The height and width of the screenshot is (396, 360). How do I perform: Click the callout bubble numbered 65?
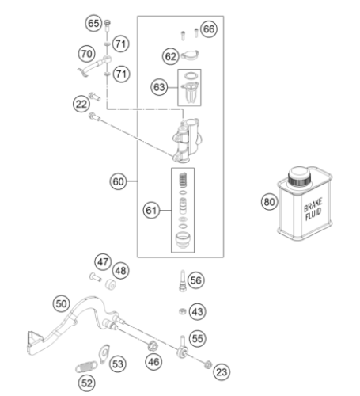(93, 23)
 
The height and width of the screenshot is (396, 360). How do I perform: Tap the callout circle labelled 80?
(269, 202)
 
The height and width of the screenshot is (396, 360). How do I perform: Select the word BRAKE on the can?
(313, 205)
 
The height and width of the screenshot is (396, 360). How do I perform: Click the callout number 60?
(118, 181)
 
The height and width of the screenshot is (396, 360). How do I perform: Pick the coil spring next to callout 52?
(86, 367)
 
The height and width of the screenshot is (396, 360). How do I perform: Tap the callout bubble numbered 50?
(62, 303)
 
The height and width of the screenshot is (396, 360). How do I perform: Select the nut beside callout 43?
(182, 311)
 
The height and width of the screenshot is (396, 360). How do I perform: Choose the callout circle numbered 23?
(222, 372)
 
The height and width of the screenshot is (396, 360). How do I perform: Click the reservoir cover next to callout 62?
(190, 55)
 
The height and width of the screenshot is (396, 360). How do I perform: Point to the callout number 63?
(159, 87)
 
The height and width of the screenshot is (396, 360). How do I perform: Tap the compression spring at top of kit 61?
(183, 180)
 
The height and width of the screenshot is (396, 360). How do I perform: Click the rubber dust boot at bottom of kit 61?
(183, 240)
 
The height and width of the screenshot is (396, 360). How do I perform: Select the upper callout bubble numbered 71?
(121, 44)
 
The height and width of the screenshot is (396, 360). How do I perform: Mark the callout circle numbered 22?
(81, 104)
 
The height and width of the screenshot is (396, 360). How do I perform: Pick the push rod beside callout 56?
(183, 280)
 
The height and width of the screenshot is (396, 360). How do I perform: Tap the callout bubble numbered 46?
(153, 362)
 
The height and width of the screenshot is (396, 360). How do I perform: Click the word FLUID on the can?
(313, 214)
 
